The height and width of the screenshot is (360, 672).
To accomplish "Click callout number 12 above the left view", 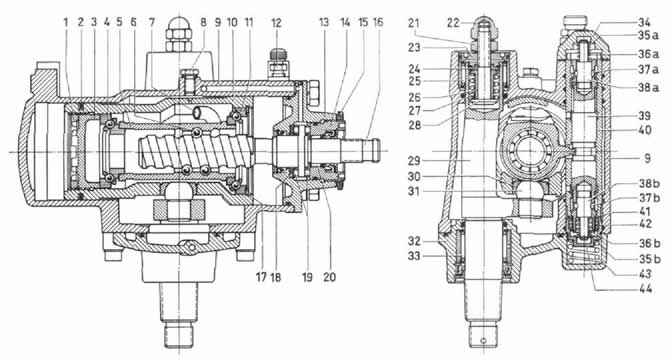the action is pyautogui.click(x=276, y=23).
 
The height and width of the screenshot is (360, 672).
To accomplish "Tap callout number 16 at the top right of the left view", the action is pyautogui.click(x=378, y=22).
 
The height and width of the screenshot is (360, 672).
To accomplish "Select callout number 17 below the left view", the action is pyautogui.click(x=261, y=277).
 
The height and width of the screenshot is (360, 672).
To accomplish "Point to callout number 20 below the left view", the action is pyautogui.click(x=330, y=277).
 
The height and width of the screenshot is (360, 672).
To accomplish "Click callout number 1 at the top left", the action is pyautogui.click(x=66, y=22).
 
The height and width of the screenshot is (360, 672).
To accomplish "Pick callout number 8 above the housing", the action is pyautogui.click(x=204, y=22).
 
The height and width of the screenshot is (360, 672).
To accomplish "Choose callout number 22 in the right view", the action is pyautogui.click(x=453, y=23).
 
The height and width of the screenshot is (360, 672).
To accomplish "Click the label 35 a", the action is pyautogui.click(x=647, y=36).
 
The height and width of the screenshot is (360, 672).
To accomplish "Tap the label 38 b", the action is pyautogui.click(x=649, y=183).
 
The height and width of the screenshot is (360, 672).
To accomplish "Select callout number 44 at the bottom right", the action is pyautogui.click(x=645, y=289).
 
